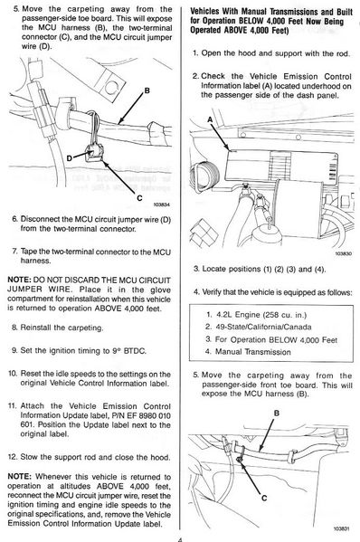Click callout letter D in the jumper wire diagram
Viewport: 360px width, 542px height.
70,158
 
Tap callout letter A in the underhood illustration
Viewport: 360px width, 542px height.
210,119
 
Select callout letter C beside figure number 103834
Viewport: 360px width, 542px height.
139,198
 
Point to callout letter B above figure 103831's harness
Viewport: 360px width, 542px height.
277,413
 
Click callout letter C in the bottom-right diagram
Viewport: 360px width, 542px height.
264,498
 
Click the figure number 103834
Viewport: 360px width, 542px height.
161,204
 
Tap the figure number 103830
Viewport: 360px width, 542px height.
344,253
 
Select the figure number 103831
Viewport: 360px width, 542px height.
343,528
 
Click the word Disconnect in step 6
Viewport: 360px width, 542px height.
37,219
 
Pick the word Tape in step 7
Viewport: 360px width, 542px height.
28,252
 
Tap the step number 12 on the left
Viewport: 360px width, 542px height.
13,457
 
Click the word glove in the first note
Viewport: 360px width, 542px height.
161,290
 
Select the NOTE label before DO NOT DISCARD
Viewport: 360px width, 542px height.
19,280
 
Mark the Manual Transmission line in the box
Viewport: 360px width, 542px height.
248,352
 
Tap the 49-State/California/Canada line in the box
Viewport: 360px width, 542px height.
258,327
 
